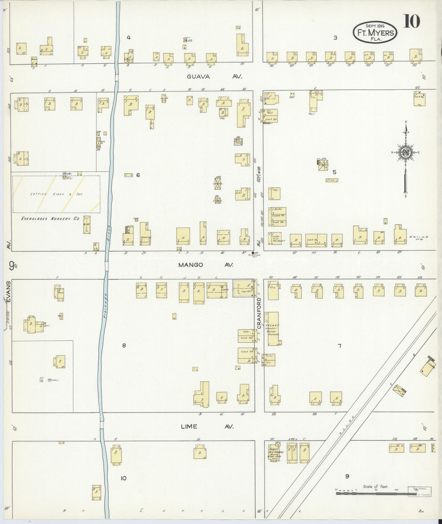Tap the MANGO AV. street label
[x=206, y=265]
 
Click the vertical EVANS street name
[x=9, y=292]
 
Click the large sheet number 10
[x=411, y=21]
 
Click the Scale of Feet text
[x=376, y=486]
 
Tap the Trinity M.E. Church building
[x=275, y=453]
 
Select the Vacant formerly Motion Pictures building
[x=273, y=329]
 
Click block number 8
[x=124, y=345]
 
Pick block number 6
[x=138, y=175]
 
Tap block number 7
[x=339, y=346]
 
